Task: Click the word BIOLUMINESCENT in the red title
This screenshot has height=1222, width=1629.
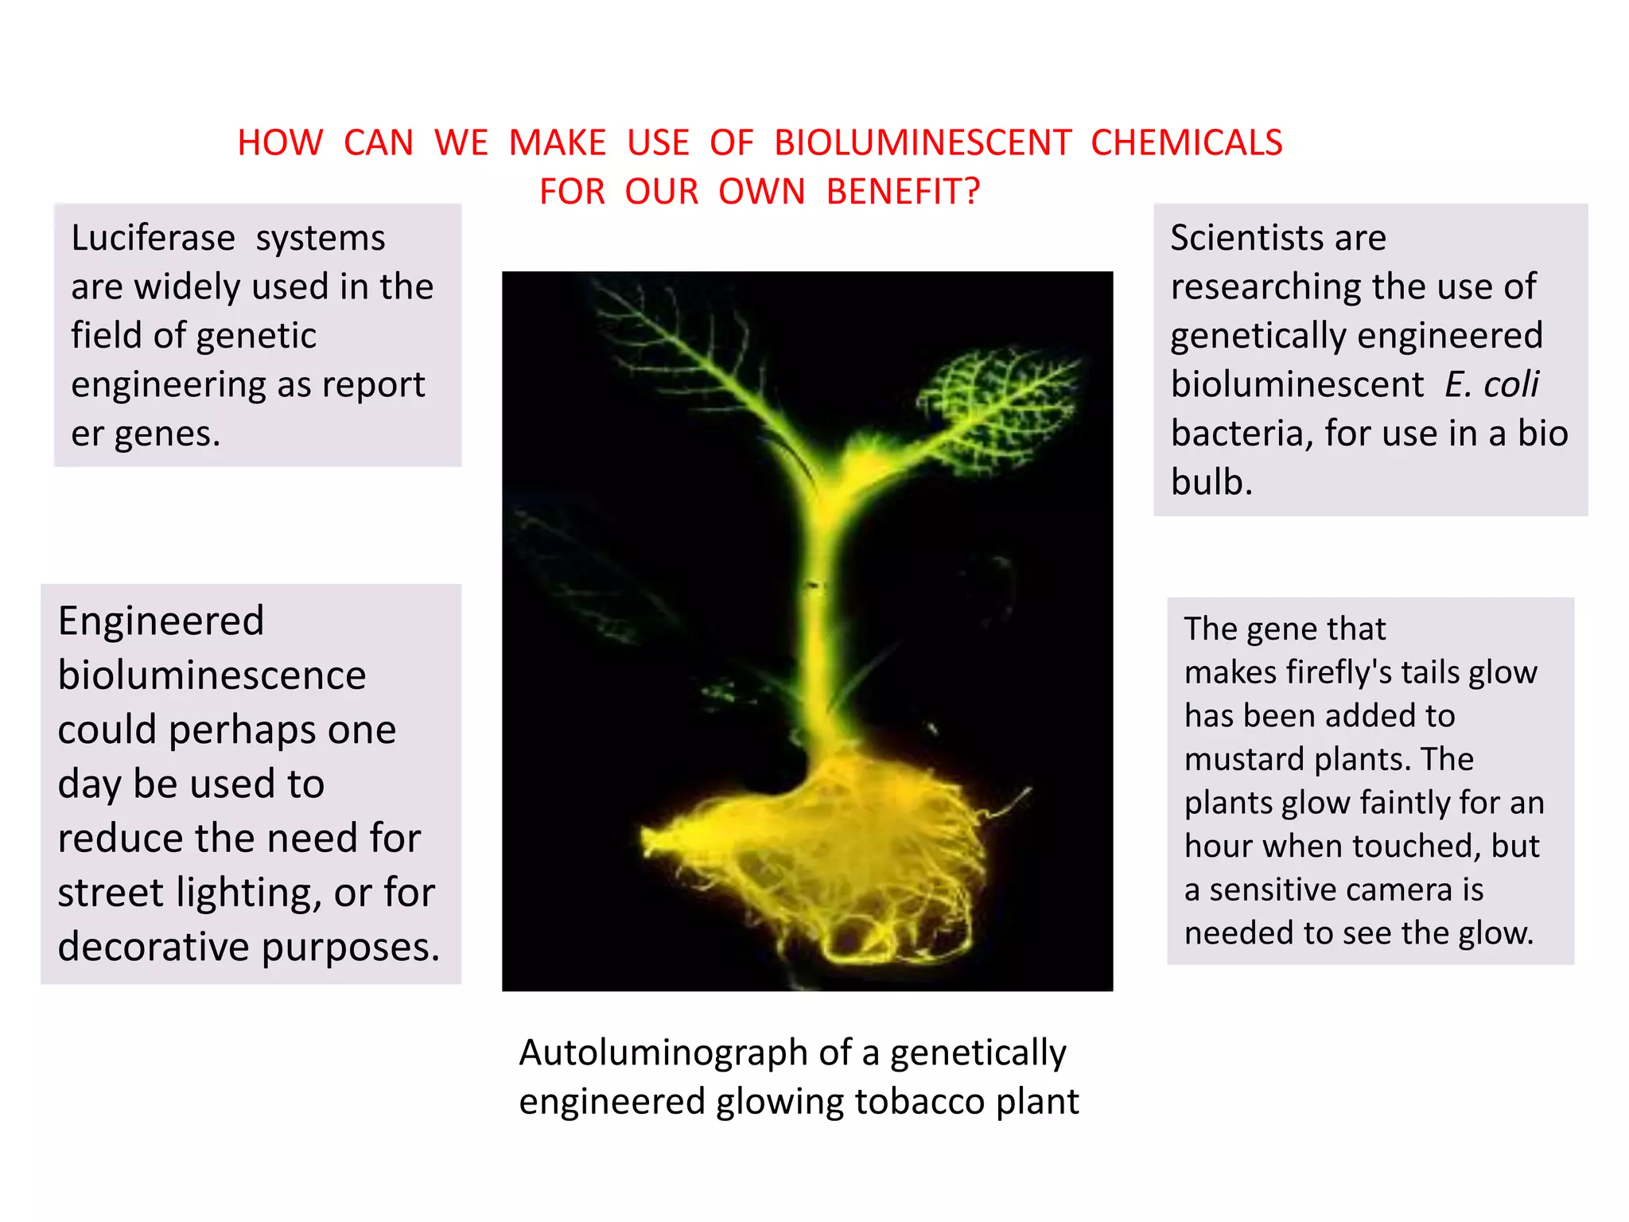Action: point(923,143)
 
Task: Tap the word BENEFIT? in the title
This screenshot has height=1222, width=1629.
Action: point(903,192)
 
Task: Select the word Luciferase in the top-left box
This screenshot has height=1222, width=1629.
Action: point(153,238)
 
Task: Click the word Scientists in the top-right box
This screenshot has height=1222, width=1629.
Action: point(1238,238)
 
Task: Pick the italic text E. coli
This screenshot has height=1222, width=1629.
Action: point(1491,384)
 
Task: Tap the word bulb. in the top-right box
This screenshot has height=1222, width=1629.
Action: point(1211,482)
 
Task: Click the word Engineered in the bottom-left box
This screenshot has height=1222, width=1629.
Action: point(161,621)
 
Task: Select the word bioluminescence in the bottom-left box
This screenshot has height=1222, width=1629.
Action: point(212,675)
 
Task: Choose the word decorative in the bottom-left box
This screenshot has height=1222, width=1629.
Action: point(154,947)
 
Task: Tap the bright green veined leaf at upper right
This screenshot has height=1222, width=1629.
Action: point(994,406)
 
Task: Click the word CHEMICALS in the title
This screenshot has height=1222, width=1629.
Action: point(1186,143)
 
